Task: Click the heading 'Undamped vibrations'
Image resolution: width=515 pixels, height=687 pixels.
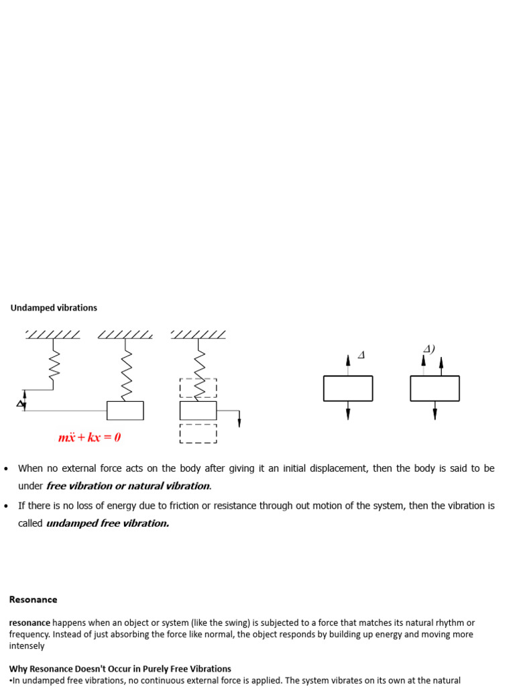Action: [54, 308]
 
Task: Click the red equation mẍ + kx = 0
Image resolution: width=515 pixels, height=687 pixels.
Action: [89, 438]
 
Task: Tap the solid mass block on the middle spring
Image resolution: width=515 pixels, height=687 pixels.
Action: [125, 411]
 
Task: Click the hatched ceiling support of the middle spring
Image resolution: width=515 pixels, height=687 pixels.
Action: [125, 334]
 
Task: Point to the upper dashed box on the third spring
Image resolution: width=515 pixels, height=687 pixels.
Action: [198, 388]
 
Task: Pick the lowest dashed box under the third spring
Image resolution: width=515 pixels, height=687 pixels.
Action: [198, 433]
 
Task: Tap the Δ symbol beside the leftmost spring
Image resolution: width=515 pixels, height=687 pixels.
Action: [19, 403]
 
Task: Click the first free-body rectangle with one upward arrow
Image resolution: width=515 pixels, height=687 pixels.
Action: [347, 388]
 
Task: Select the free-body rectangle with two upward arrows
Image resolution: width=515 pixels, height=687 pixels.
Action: [435, 388]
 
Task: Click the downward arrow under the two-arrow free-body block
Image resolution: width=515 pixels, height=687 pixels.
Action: [435, 411]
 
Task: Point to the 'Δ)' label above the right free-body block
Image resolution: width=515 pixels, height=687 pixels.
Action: [428, 349]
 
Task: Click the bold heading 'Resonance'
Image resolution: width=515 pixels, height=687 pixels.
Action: [33, 600]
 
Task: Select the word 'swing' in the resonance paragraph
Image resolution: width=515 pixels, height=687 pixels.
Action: [198, 623]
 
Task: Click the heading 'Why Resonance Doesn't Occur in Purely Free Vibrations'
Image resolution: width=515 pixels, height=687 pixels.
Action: [120, 669]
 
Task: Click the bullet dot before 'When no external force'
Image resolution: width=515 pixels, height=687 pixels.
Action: [6, 468]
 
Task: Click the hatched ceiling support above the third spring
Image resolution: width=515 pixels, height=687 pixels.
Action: [198, 334]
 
